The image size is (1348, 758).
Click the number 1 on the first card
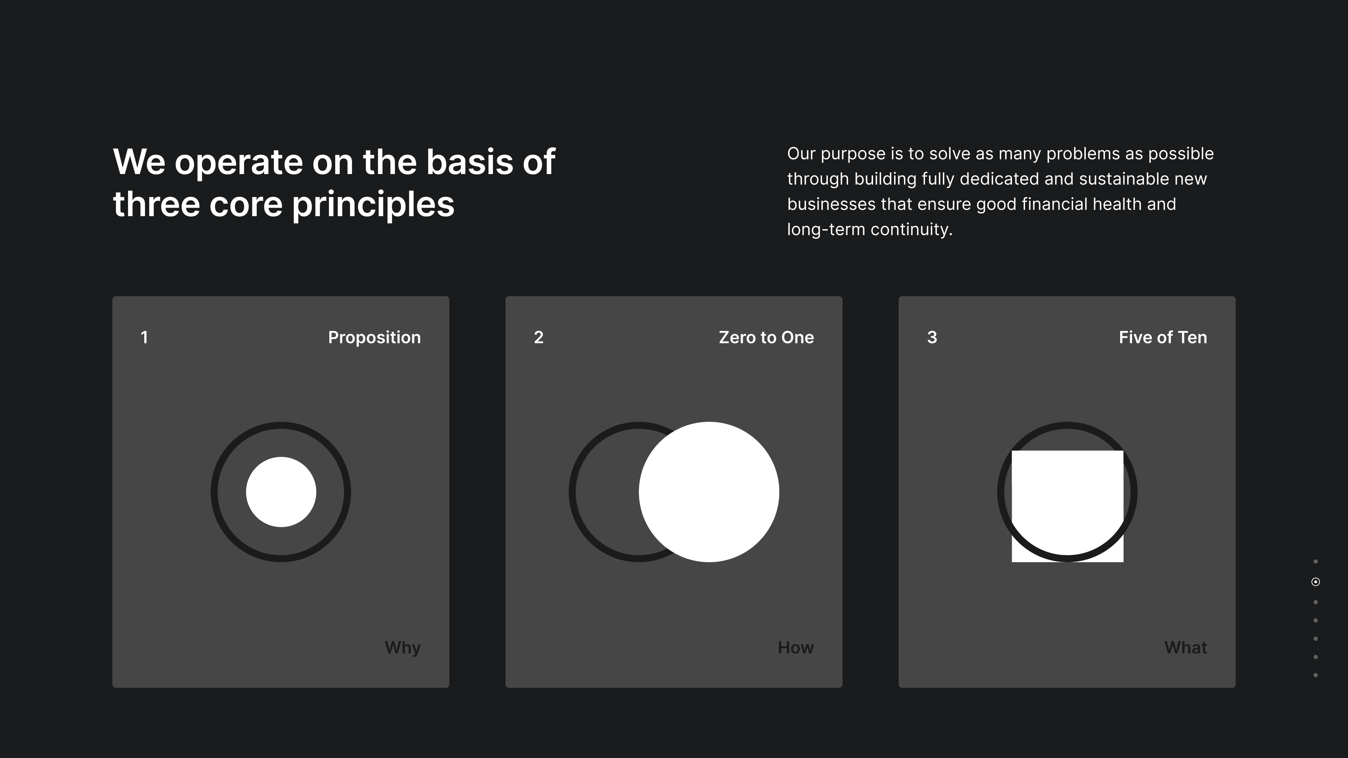[144, 337]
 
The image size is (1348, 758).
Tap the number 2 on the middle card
[538, 337]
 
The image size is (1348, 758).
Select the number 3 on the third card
[932, 337]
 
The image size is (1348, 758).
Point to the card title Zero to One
[766, 337]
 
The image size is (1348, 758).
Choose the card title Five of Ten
[1163, 337]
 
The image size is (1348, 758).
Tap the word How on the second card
[795, 647]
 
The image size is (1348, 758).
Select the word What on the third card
[1185, 647]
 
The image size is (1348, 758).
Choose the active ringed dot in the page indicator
[1316, 582]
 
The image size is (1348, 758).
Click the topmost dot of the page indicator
[1316, 562]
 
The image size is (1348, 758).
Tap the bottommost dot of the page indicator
[1316, 675]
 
